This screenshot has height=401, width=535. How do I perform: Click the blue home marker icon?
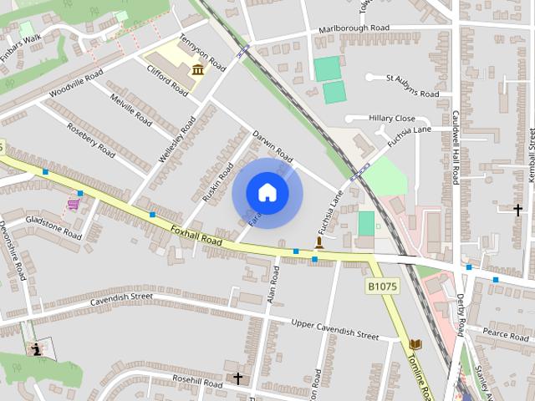click(x=267, y=192)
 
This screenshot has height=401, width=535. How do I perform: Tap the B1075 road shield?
click(x=381, y=286)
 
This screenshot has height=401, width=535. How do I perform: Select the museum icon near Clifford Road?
click(x=198, y=69)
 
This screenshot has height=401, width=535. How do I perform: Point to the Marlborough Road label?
click(x=354, y=29)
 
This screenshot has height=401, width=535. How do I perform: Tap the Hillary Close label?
click(x=391, y=119)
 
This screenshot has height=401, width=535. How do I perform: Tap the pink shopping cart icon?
click(x=74, y=203)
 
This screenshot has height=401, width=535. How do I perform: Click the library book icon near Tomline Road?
click(x=415, y=344)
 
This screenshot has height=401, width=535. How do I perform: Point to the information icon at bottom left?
click(x=37, y=349)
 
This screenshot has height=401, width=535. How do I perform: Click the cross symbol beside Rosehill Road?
click(x=237, y=378)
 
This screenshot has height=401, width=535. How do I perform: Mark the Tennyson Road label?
click(x=203, y=52)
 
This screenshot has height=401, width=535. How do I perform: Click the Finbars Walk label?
click(x=20, y=40)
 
